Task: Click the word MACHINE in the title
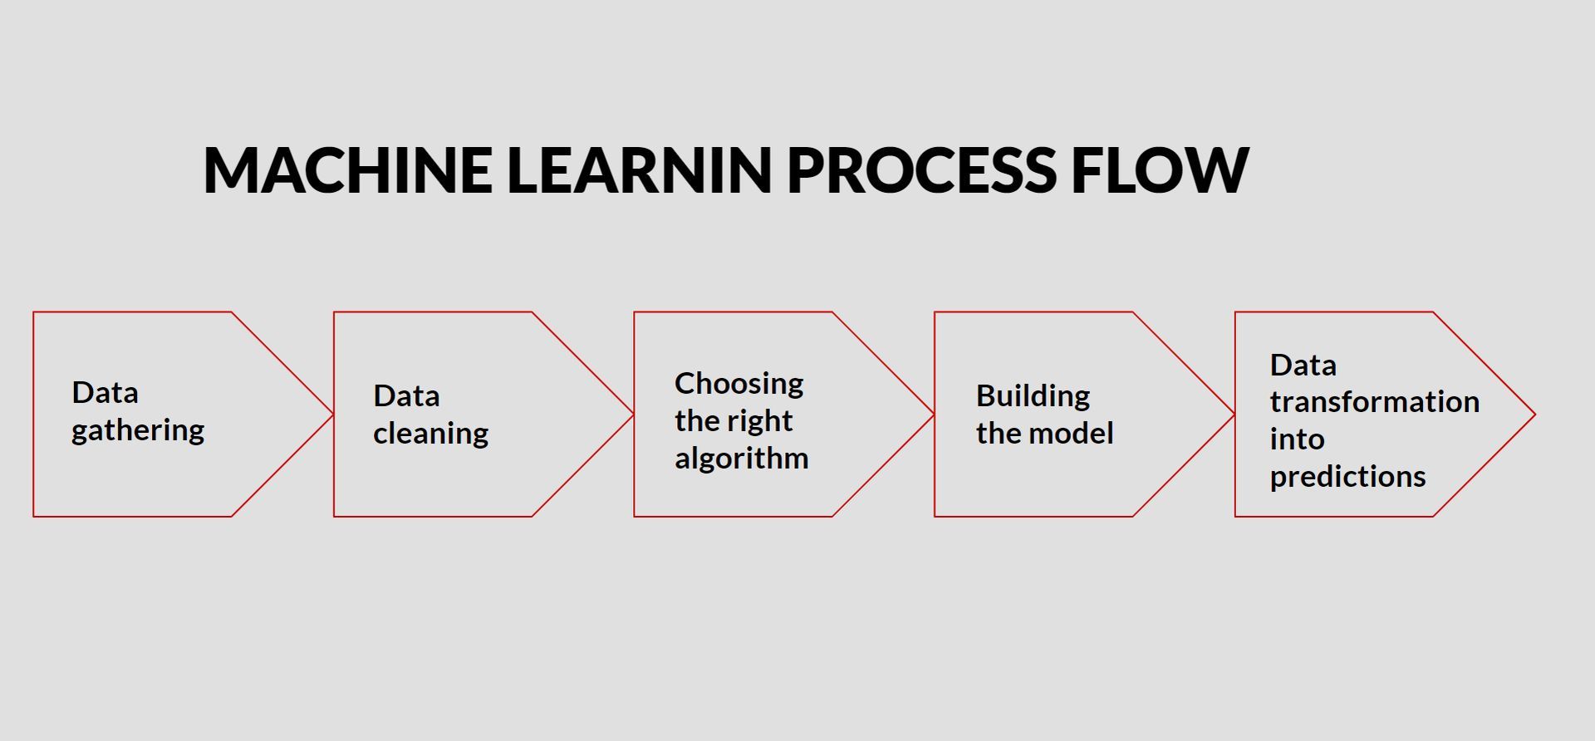click(347, 170)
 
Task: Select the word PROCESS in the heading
click(920, 170)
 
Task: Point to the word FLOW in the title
click(1160, 170)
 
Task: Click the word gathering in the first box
click(138, 431)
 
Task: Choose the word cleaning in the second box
click(430, 434)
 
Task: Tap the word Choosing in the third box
click(739, 385)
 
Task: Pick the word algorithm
click(741, 459)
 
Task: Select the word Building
click(1033, 397)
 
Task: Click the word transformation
click(1374, 402)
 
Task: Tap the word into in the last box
click(1297, 439)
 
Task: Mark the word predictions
click(1347, 477)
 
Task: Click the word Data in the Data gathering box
click(105, 393)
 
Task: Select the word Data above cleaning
click(406, 396)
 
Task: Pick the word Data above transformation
click(1303, 366)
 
